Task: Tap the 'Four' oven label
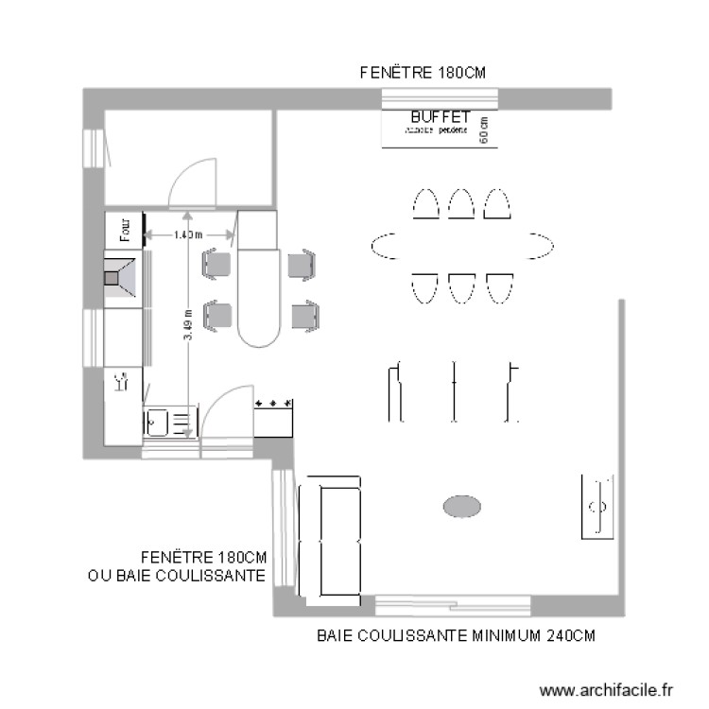pyautogui.click(x=123, y=227)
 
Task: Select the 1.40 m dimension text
pyautogui.click(x=188, y=234)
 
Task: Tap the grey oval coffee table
pyautogui.click(x=462, y=507)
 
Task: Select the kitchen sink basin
pyautogui.click(x=157, y=421)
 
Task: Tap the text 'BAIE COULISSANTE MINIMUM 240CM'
pyautogui.click(x=457, y=636)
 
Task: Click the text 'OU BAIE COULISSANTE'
pyautogui.click(x=176, y=575)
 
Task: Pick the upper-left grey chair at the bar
pyautogui.click(x=217, y=264)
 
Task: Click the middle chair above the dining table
pyautogui.click(x=461, y=203)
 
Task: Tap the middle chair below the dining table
pyautogui.click(x=461, y=287)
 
